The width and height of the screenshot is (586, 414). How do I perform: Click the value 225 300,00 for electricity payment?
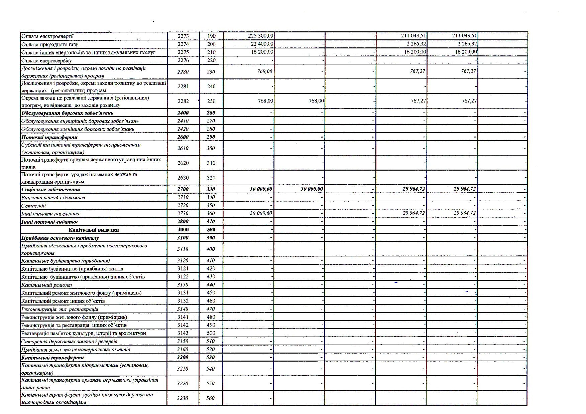click(261, 36)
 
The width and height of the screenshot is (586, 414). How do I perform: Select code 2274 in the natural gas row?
click(183, 44)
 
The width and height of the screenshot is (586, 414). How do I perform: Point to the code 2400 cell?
click(183, 113)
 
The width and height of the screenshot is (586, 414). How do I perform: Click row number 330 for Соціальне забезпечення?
click(211, 189)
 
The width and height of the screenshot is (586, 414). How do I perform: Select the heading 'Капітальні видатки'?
click(94, 230)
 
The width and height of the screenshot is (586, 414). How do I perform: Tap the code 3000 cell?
click(183, 230)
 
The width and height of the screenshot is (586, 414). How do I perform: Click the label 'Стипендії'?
click(33, 206)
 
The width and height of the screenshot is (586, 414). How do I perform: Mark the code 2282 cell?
click(183, 101)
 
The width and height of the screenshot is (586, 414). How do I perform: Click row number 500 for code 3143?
click(211, 333)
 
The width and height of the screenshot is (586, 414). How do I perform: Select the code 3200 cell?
click(183, 358)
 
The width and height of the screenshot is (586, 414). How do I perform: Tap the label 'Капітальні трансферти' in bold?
click(52, 358)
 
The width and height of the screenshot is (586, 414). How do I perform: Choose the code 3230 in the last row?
click(183, 398)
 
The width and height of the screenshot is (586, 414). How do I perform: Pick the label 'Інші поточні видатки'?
click(49, 222)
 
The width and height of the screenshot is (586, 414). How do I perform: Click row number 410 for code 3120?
click(211, 261)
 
